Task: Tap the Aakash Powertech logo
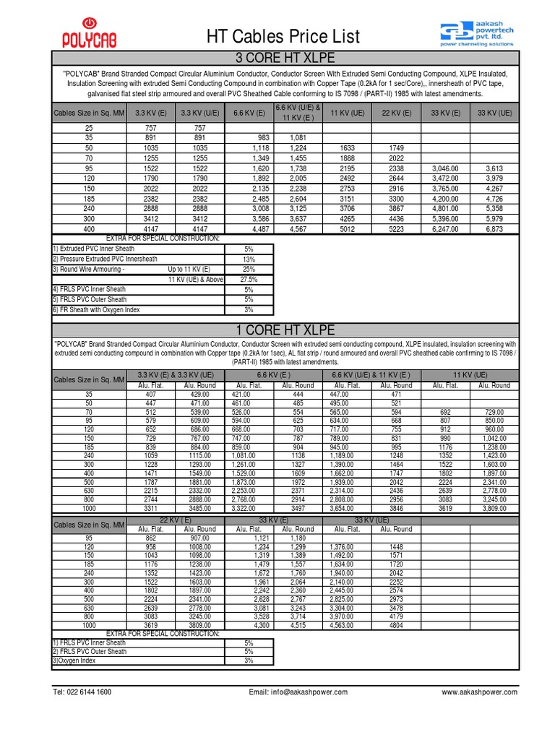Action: pyautogui.click(x=480, y=33)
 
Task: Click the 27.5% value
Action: pyautogui.click(x=248, y=279)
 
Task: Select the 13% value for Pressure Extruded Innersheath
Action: pyautogui.click(x=249, y=259)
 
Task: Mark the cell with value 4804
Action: pyautogui.click(x=395, y=624)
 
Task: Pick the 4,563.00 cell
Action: pyautogui.click(x=344, y=624)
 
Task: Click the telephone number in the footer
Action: pyautogui.click(x=82, y=692)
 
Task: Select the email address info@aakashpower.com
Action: pyautogui.click(x=298, y=692)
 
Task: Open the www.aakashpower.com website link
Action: pyautogui.click(x=479, y=692)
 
